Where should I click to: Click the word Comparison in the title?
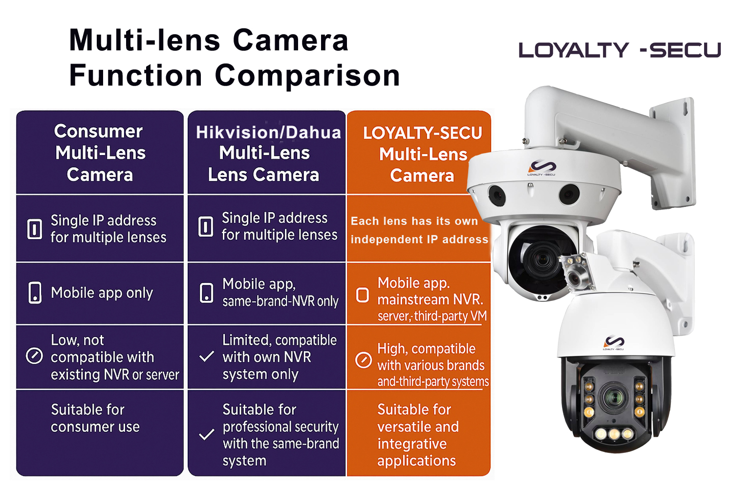[x=307, y=76]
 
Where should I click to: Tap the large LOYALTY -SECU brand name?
[x=620, y=50]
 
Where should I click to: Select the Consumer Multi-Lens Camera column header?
[x=100, y=153]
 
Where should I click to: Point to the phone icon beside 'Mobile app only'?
[x=35, y=292]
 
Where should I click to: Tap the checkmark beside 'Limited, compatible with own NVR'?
[x=207, y=356]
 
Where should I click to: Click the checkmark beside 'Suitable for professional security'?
[x=207, y=435]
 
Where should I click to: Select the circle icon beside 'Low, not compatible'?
[x=34, y=356]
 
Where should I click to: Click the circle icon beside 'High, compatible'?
[x=363, y=360]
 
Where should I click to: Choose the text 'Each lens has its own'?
[x=414, y=221]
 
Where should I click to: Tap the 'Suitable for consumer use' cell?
[x=95, y=418]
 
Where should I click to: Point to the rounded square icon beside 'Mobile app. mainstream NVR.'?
[x=362, y=295]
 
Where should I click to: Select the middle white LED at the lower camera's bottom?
[x=614, y=434]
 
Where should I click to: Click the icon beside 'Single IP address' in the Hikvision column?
[x=206, y=226]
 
